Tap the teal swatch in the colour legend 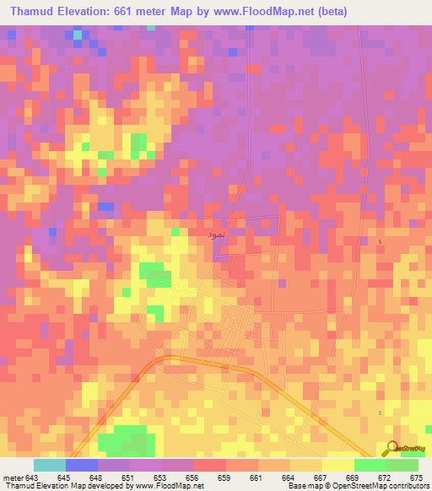50,464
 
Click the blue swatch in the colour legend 82,464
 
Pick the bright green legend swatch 370,464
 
